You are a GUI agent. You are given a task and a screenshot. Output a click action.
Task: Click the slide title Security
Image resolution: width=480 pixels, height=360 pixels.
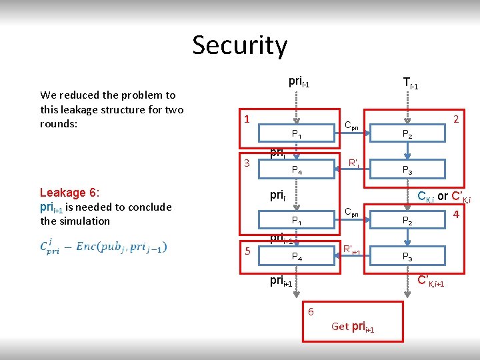[240, 45]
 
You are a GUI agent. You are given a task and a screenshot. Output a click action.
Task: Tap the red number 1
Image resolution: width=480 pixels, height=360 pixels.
[247, 119]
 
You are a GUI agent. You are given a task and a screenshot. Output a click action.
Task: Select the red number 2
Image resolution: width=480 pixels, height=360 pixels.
[456, 119]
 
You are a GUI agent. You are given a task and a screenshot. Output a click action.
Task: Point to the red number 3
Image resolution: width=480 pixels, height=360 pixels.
[247, 163]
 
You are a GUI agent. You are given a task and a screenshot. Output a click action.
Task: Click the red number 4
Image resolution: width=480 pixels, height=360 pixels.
[456, 215]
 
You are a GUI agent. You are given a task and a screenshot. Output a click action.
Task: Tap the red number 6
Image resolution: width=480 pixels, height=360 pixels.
[311, 311]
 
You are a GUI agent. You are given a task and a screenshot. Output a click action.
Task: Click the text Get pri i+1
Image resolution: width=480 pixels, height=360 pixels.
[353, 326]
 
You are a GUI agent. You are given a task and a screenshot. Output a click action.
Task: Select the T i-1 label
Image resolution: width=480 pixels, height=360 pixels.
[410, 83]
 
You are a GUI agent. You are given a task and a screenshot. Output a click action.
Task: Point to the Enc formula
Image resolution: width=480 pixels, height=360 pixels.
[103, 247]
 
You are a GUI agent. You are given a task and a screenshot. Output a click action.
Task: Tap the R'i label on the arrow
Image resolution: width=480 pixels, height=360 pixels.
[354, 162]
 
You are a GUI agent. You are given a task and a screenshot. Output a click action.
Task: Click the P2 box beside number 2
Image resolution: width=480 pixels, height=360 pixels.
[406, 134]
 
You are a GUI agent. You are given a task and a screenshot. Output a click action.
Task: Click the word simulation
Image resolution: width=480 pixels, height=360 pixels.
[84, 221]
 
